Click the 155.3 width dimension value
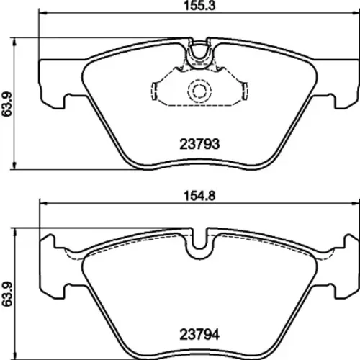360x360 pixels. pyautogui.click(x=199, y=6)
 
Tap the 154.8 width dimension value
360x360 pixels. pyautogui.click(x=199, y=196)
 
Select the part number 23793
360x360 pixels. pyautogui.click(x=199, y=144)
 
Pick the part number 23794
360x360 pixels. pyautogui.click(x=199, y=334)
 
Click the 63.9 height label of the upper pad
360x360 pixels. pyautogui.click(x=6, y=104)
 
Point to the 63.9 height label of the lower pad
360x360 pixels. pyautogui.click(x=6, y=294)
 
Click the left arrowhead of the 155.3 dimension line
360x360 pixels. pyautogui.click(x=42, y=12)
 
